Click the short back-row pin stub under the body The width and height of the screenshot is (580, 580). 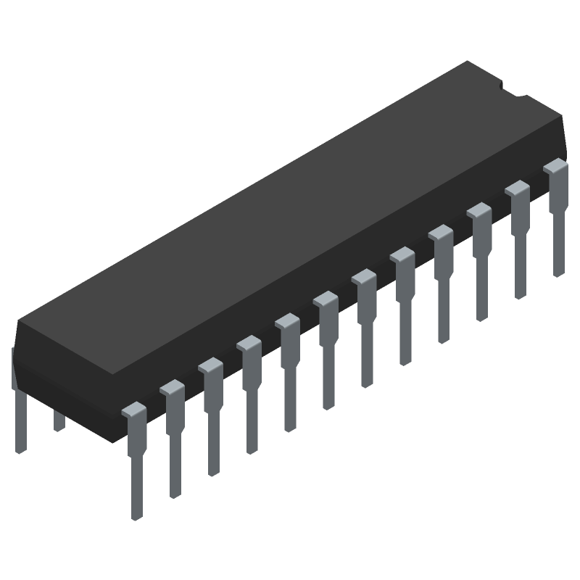(59, 420)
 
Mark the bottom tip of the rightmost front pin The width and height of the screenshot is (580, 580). (558, 273)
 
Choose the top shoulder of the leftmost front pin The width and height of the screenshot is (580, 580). (135, 410)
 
